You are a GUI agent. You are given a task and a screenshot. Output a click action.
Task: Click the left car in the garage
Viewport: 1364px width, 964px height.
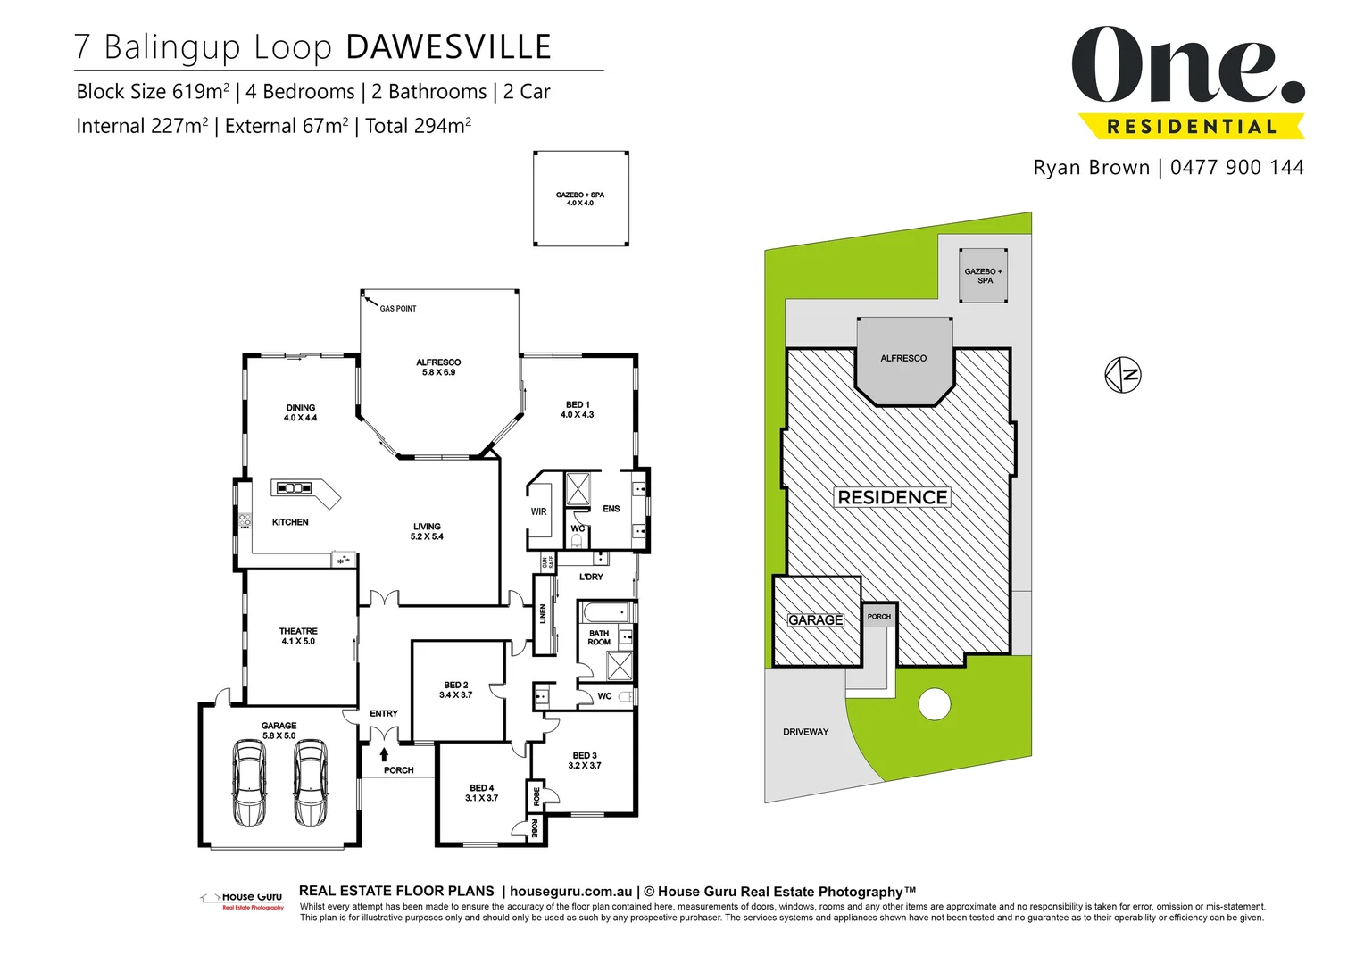[x=248, y=783]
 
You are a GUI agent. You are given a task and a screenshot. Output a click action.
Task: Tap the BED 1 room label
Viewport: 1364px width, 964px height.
[x=577, y=410]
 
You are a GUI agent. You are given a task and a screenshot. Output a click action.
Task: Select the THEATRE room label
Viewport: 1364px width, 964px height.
[x=298, y=636]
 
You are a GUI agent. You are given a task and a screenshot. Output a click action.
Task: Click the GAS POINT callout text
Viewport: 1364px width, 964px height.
[x=398, y=309]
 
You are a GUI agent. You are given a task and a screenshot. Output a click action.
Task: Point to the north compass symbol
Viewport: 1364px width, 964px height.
[x=1123, y=375]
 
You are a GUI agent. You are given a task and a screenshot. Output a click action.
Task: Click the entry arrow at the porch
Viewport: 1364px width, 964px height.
[x=384, y=754]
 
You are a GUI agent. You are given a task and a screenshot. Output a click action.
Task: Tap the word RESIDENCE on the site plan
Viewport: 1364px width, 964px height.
[x=892, y=497]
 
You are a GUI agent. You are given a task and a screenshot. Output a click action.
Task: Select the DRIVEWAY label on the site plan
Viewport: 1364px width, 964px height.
[x=805, y=732]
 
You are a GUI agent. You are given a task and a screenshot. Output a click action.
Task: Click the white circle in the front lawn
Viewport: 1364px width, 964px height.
[x=935, y=704]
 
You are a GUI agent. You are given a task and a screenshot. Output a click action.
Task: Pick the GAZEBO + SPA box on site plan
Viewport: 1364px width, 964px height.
[x=983, y=276]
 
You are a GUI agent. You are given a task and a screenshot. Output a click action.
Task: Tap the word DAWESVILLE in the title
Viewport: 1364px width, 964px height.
[x=448, y=47]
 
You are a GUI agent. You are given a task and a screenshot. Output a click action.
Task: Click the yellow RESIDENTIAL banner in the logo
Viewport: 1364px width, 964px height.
[x=1191, y=127]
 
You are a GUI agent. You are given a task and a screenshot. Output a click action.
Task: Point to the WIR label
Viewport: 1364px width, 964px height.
[x=538, y=511]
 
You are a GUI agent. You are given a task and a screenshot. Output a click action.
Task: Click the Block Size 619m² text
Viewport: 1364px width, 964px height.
[x=153, y=92]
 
